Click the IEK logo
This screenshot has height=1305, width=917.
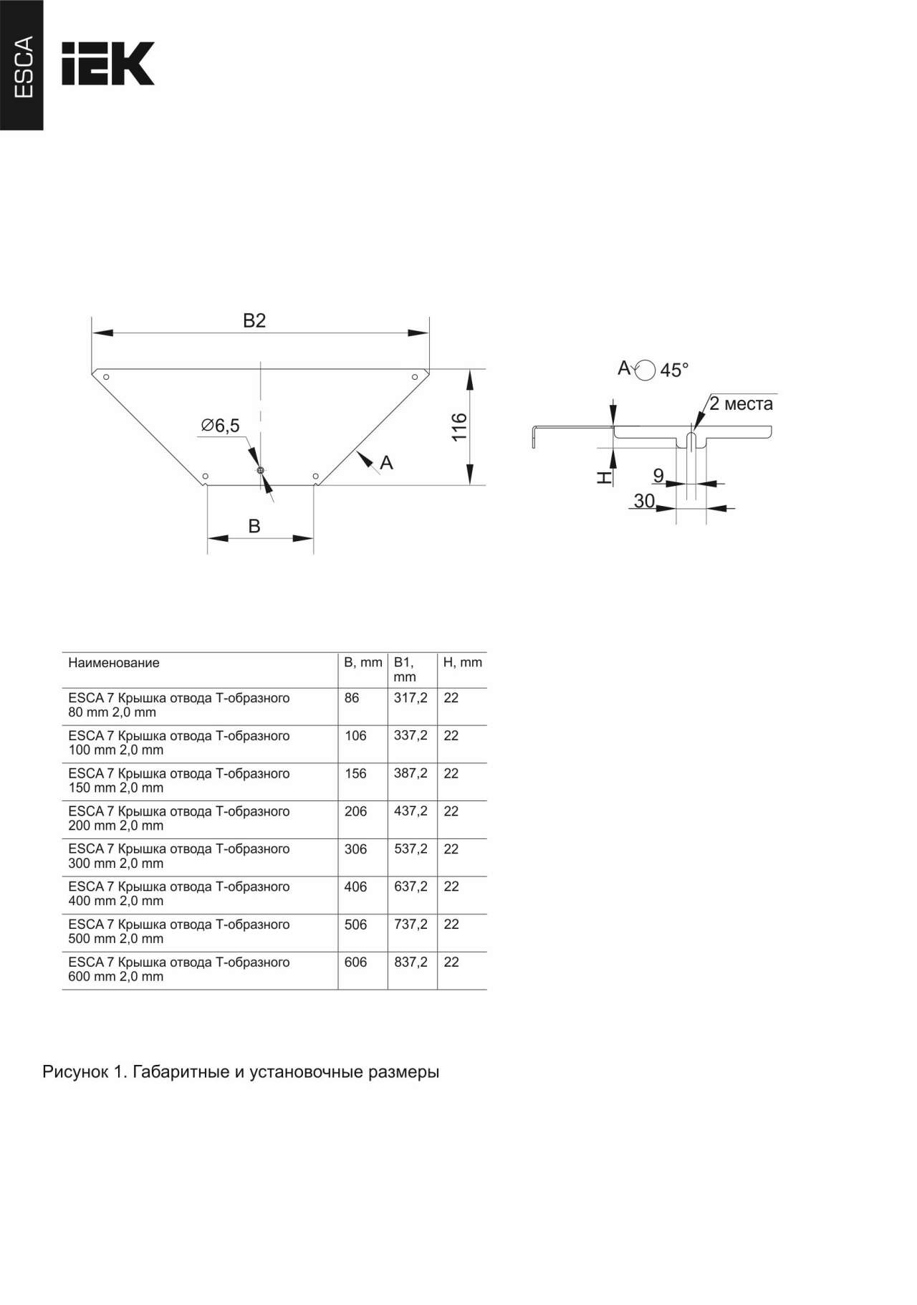click(107, 64)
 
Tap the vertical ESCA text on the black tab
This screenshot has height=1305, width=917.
click(24, 67)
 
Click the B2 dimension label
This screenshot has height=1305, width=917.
click(254, 320)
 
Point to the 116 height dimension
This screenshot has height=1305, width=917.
click(459, 427)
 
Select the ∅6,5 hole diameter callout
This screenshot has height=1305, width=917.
click(220, 426)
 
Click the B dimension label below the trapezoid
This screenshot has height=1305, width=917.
click(254, 526)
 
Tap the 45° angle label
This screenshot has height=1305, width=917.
click(674, 370)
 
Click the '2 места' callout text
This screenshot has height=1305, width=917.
click(741, 403)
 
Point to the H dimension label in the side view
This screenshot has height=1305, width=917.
click(605, 477)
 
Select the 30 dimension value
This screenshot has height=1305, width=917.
click(644, 500)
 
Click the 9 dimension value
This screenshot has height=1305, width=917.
click(658, 475)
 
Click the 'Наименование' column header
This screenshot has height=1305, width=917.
click(114, 663)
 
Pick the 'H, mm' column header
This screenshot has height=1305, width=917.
click(463, 663)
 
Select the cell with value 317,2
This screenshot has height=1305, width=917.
click(411, 698)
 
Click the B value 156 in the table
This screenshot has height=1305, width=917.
click(355, 774)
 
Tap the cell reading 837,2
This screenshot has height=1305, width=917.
click(411, 962)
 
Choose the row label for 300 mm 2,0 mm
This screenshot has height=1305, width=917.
click(179, 856)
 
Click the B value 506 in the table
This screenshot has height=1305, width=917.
click(355, 924)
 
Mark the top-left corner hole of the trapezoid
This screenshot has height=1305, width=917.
click(106, 377)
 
